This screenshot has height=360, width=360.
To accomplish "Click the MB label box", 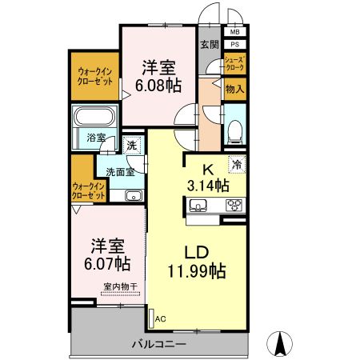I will [235, 33].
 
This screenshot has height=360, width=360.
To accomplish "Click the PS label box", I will [235, 45].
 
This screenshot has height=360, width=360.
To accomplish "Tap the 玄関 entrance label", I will [210, 45].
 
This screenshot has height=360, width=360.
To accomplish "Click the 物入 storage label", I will [234, 90].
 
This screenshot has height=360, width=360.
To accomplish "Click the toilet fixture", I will [234, 130].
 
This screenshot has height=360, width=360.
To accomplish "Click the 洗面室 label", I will [119, 170].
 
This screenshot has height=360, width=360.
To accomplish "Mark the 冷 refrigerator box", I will [237, 165].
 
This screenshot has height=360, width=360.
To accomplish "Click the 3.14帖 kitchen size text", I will [209, 186].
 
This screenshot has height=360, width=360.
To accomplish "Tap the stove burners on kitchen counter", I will [234, 206].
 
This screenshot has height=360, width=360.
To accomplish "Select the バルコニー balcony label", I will [159, 344].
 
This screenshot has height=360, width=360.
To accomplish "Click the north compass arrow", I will [282, 343].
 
